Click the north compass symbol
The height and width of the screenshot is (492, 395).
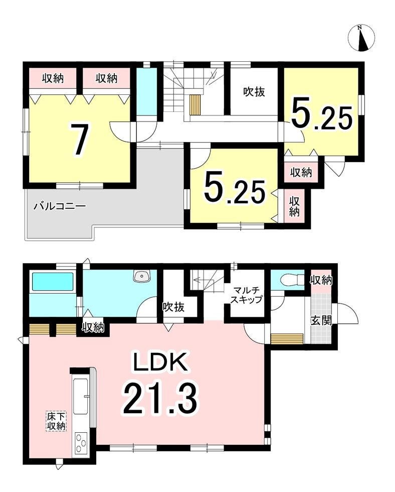pos(361,38)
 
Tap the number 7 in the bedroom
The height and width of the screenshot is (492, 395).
pos(79,140)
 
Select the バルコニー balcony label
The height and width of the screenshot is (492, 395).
pos(60,206)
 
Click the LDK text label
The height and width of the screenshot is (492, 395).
pos(160,363)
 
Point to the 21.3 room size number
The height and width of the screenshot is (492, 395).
pos(161,399)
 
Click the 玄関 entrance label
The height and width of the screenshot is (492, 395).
pos(321,320)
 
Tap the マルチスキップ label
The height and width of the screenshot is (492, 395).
pos(247,295)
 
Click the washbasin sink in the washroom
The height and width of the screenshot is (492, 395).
pos(142,276)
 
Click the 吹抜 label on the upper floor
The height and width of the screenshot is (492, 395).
pos(254,91)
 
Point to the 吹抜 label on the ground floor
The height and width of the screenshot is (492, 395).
pos(173,307)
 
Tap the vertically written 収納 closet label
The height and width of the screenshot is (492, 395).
pos(294,206)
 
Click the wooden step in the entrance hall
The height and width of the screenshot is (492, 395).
pos(287,339)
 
